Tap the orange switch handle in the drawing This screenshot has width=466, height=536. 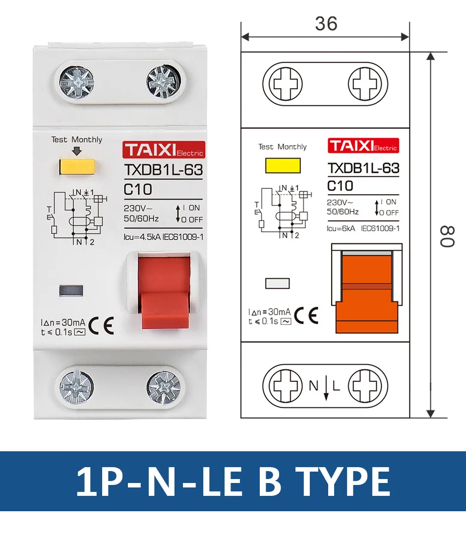tap(366, 297)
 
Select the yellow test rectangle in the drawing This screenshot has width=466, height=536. tap(283, 165)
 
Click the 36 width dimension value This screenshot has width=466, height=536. tap(326, 23)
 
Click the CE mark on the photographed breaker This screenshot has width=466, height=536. tap(102, 325)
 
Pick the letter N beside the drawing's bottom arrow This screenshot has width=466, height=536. tap(313, 386)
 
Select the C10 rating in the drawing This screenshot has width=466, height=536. tap(341, 186)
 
